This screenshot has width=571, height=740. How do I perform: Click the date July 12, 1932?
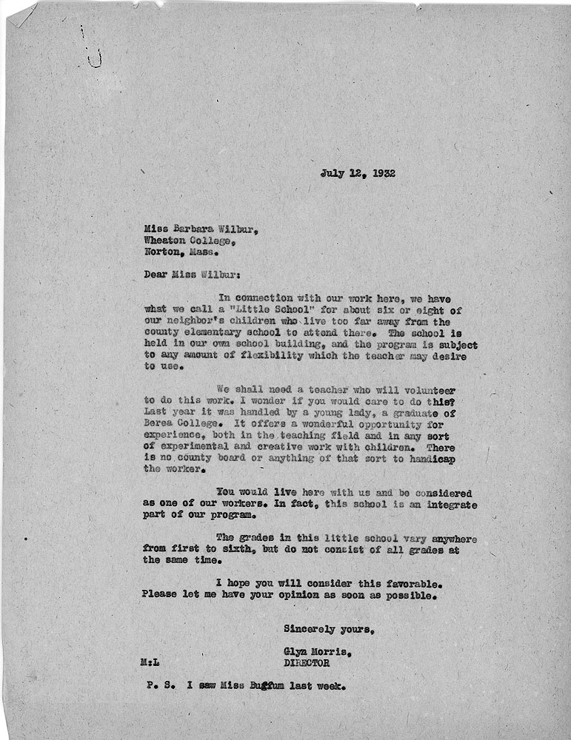coord(358,174)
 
